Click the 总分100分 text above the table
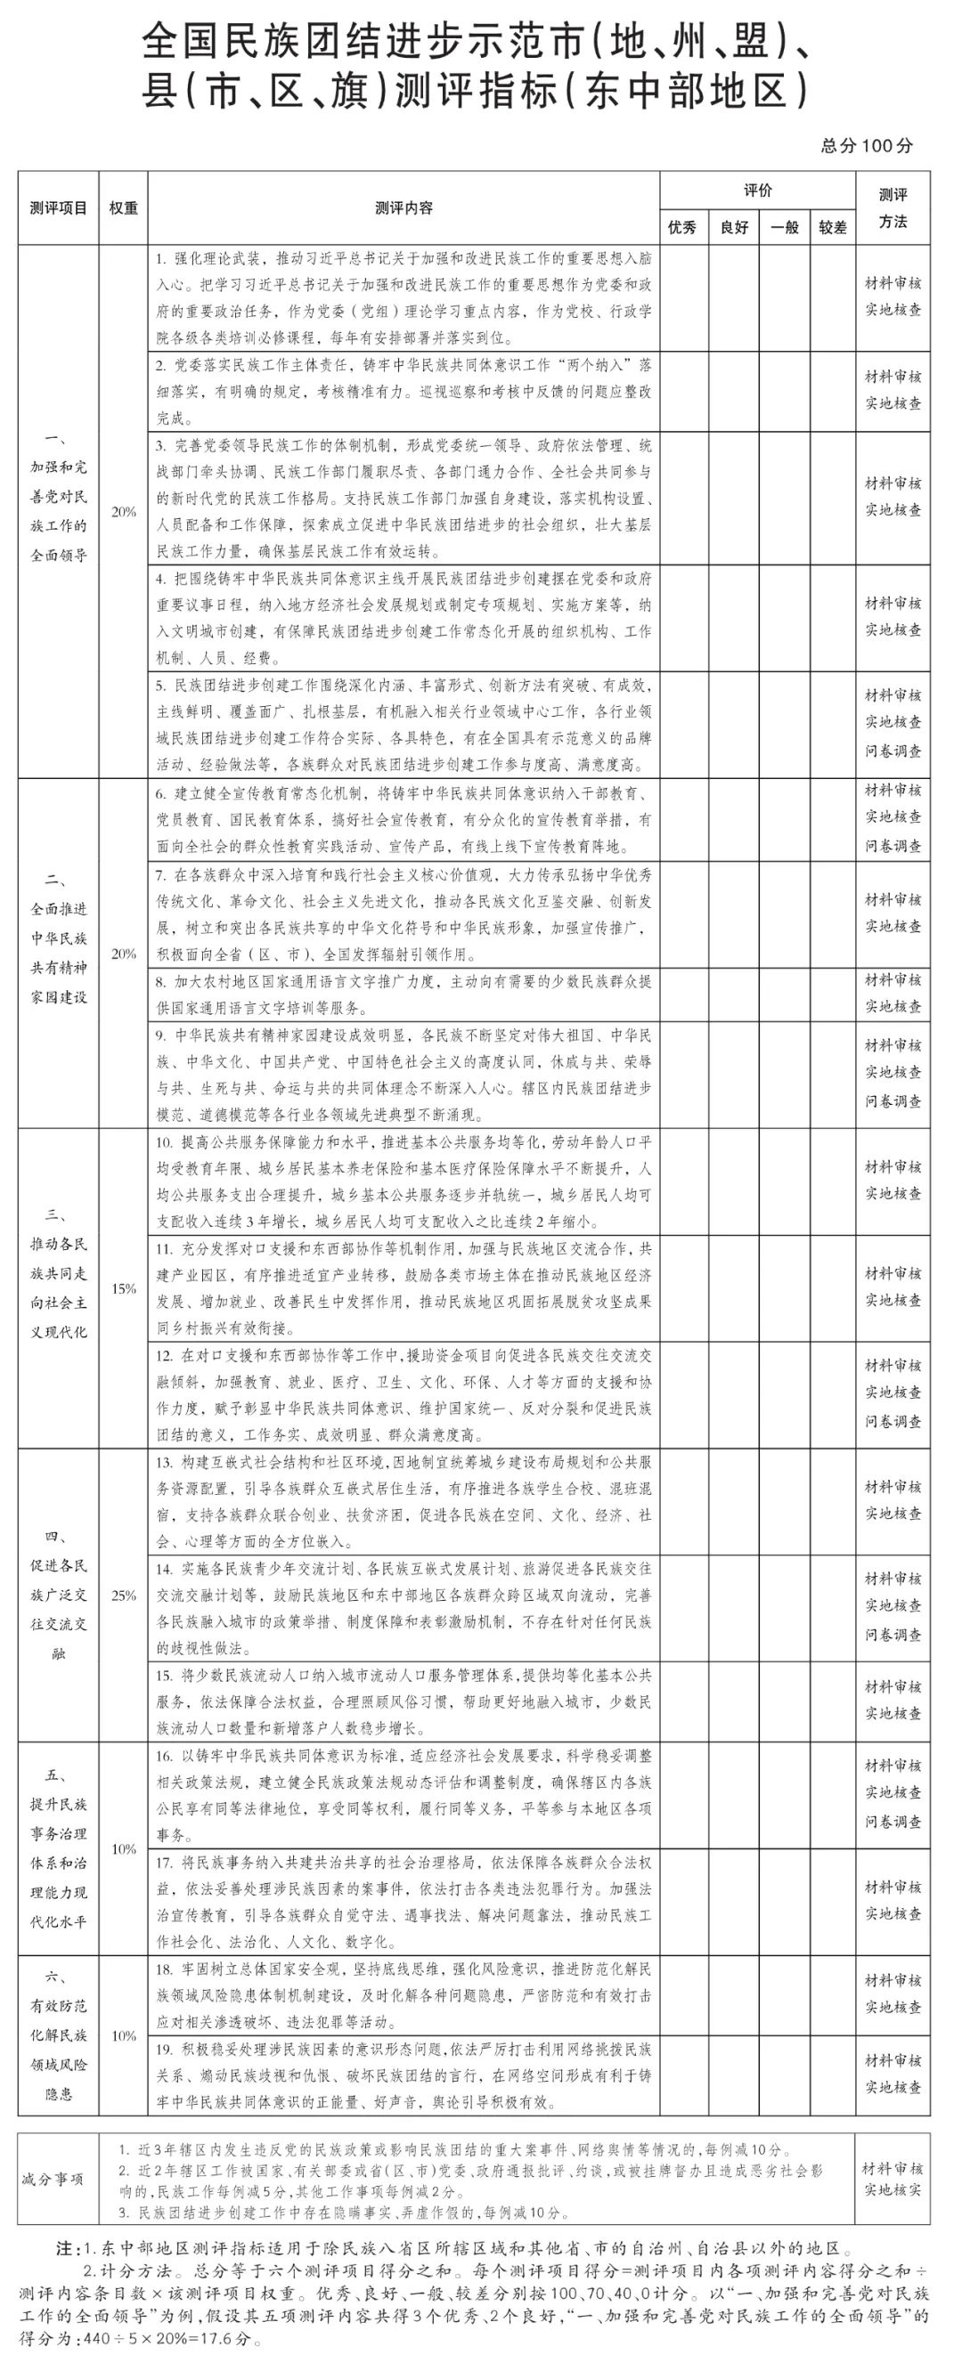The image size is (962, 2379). [x=866, y=146]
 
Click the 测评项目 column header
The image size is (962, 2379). [x=58, y=207]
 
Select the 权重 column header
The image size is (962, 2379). [x=123, y=207]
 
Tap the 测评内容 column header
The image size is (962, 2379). [x=404, y=207]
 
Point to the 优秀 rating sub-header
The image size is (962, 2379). [x=682, y=227]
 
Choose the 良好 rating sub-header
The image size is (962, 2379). [x=734, y=227]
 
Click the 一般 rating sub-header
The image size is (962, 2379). [x=784, y=227]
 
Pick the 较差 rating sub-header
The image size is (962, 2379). [x=833, y=227]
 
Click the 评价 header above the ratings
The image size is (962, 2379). [x=758, y=191]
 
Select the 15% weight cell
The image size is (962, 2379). [x=123, y=1288]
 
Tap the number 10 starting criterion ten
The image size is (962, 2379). [x=164, y=1142]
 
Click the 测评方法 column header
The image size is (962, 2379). [x=892, y=207]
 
